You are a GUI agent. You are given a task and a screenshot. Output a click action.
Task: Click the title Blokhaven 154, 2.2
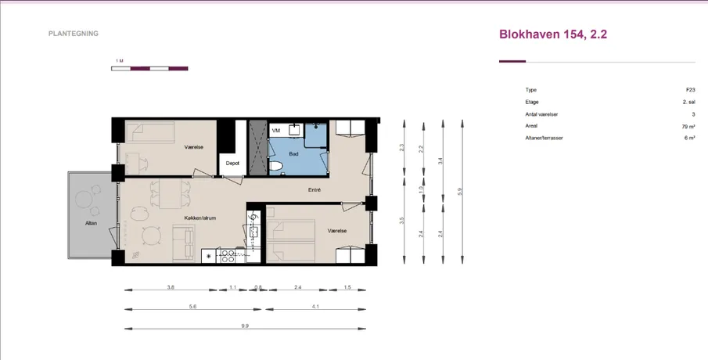553,34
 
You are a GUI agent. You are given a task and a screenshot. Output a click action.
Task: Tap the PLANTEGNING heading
74,34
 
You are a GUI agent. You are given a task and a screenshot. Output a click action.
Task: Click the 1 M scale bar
149,69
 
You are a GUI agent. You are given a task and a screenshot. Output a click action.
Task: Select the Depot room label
232,164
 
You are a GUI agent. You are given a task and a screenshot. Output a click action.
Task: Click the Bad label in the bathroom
293,154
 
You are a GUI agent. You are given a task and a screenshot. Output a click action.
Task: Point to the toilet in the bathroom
276,167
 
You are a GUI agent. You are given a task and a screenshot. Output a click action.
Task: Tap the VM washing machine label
276,131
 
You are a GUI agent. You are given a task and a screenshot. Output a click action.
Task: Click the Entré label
314,190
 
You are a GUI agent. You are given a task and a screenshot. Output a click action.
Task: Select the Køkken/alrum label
200,218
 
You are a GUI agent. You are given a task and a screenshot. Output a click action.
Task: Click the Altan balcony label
91,223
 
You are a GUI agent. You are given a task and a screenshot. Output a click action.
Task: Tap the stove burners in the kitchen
228,256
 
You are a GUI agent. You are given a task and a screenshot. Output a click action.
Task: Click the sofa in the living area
183,242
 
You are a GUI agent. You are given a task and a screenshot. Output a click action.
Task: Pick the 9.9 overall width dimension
245,326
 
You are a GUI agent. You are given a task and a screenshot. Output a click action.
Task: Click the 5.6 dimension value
192,306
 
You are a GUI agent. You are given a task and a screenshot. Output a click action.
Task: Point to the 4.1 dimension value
315,306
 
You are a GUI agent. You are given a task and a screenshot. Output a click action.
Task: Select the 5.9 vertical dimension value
460,192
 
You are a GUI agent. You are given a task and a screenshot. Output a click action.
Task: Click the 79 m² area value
688,127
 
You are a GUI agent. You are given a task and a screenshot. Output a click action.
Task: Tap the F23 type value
690,90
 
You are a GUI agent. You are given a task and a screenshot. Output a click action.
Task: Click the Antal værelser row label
541,114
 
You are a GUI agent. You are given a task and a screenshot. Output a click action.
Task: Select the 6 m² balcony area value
689,139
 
